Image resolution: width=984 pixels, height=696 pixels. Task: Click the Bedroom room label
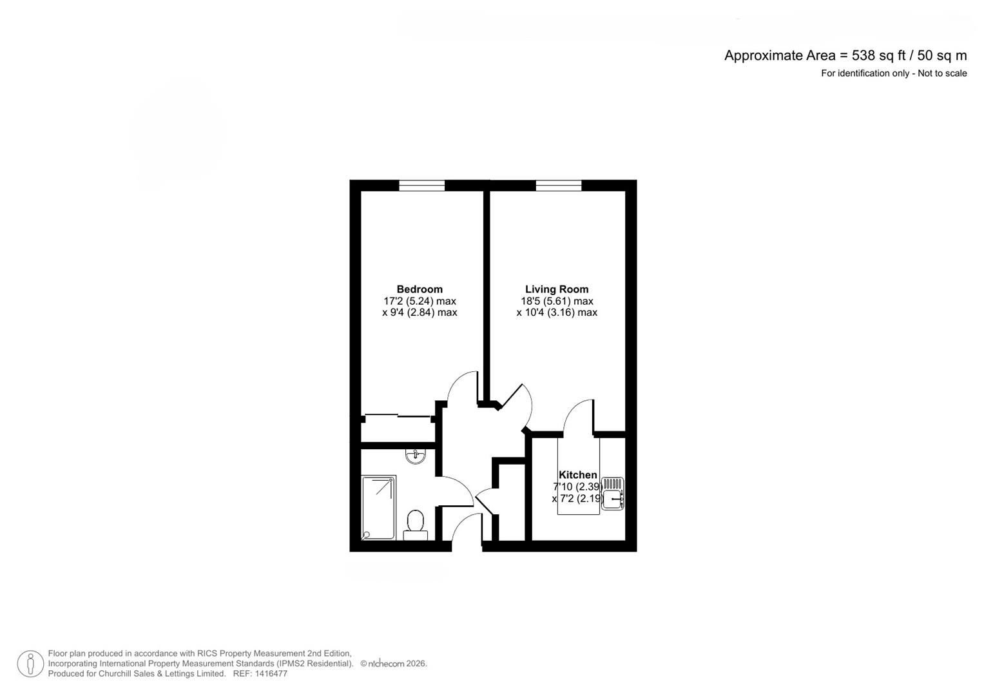click(420, 289)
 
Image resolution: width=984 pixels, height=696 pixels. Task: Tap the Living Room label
click(557, 289)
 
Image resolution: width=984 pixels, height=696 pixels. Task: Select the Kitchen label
click(577, 475)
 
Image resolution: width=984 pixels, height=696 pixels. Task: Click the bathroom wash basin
click(416, 456)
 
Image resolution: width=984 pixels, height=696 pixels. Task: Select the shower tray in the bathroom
click(378, 507)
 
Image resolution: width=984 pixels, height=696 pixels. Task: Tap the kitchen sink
click(612, 494)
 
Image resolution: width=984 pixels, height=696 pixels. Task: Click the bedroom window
click(421, 186)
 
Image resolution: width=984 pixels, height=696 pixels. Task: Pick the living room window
click(558, 186)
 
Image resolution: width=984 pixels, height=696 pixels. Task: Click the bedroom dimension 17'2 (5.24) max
click(420, 301)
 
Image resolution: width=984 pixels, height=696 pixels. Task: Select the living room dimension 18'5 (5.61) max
click(557, 301)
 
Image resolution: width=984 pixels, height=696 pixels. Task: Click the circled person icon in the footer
click(30, 664)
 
